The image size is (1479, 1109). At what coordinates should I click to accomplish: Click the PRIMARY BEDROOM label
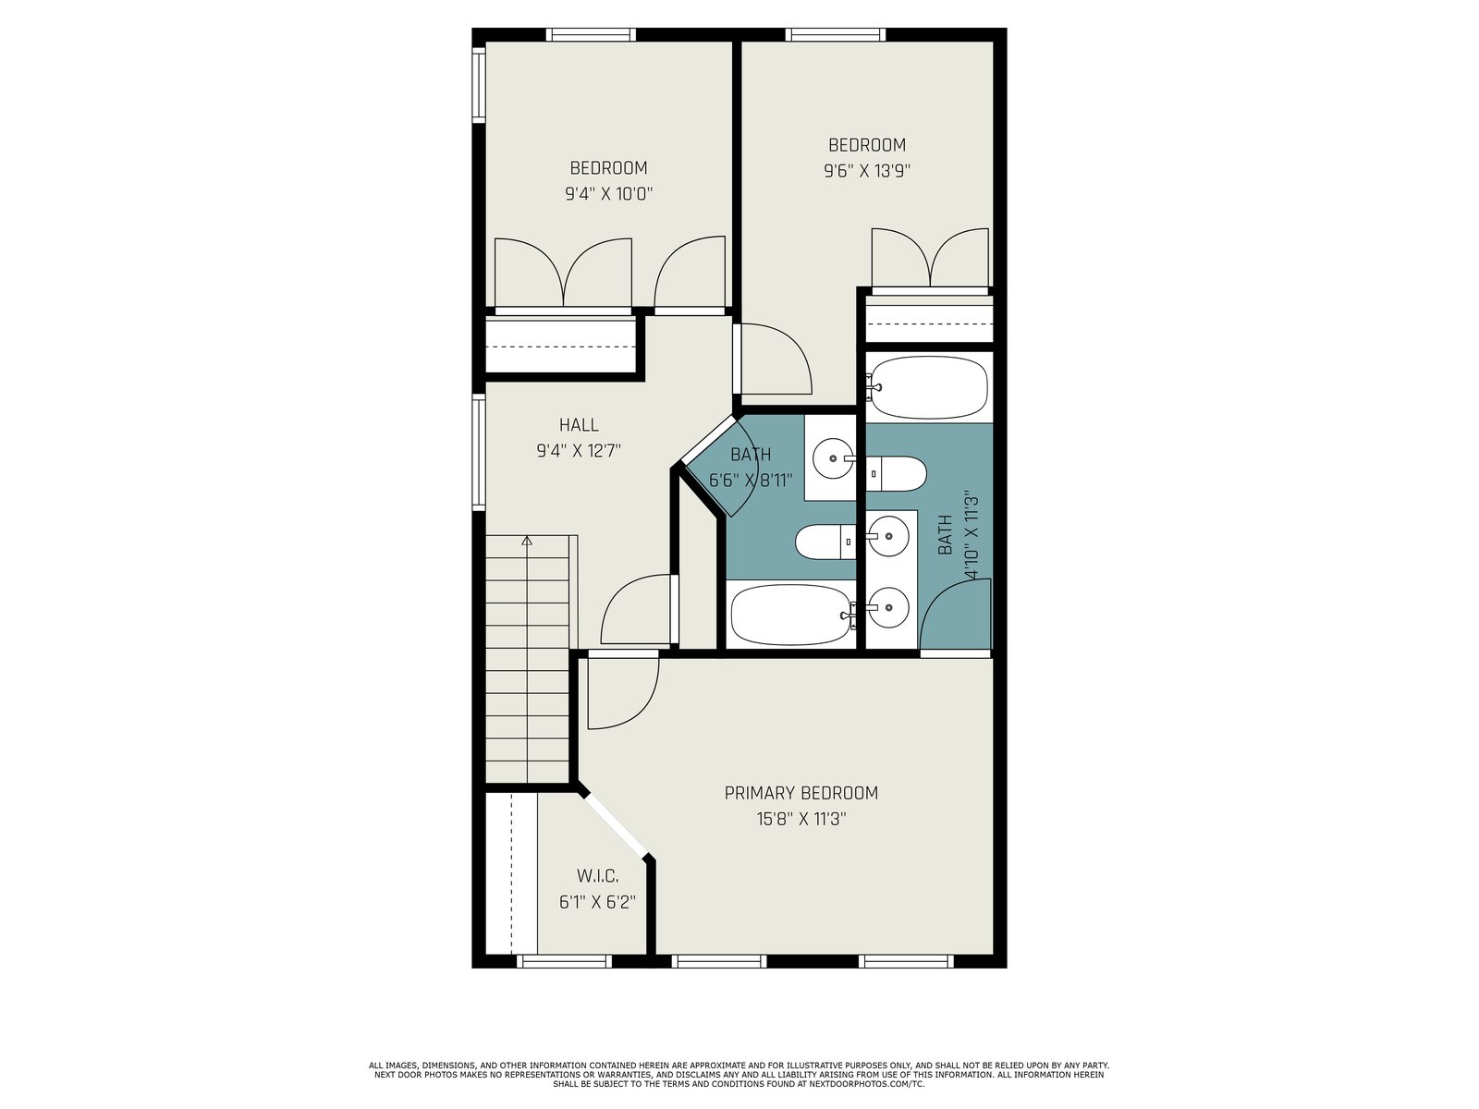click(x=801, y=793)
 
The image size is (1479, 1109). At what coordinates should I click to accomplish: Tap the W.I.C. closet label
click(x=598, y=876)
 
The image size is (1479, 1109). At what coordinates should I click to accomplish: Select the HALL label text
click(x=579, y=425)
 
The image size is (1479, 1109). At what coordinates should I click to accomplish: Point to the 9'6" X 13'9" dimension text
click(x=867, y=171)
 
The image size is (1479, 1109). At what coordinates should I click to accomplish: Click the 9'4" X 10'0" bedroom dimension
click(x=609, y=194)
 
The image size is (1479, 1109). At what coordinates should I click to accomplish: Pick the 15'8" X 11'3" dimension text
click(x=801, y=819)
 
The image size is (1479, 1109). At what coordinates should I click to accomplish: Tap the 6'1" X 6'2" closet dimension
click(x=598, y=902)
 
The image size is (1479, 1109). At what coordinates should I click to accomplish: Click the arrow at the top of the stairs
click(x=527, y=540)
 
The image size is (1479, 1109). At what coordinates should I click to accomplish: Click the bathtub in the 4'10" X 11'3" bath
click(x=928, y=388)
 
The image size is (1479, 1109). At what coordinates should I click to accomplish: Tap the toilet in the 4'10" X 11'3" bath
click(x=896, y=473)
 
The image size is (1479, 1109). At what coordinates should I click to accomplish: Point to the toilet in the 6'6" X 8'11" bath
click(x=826, y=542)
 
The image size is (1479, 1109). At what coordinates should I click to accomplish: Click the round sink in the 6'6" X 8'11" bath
click(x=834, y=458)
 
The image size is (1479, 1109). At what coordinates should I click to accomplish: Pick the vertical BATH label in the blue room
click(x=945, y=535)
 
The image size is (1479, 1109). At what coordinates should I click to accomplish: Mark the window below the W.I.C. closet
click(x=564, y=961)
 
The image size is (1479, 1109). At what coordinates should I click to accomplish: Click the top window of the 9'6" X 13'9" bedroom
click(x=836, y=34)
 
